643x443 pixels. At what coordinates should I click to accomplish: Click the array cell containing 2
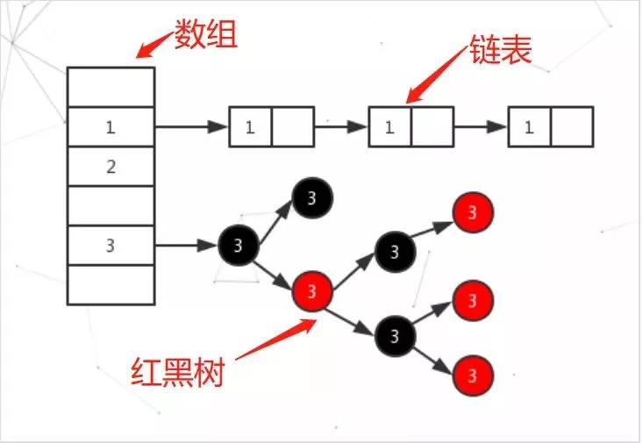click(111, 166)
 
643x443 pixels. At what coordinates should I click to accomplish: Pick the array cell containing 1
click(111, 126)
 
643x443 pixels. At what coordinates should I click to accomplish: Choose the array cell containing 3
click(111, 245)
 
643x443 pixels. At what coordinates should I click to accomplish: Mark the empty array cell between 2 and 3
click(111, 205)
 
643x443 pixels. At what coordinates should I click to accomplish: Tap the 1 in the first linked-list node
click(250, 126)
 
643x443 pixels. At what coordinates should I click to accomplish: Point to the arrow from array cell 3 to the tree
click(186, 245)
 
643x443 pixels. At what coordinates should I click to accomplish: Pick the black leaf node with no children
click(312, 198)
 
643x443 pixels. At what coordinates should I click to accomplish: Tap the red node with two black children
click(315, 289)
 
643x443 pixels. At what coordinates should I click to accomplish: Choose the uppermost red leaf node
click(474, 212)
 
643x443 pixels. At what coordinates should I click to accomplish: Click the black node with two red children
click(395, 334)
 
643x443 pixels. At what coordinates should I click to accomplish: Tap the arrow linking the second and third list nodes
click(479, 126)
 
